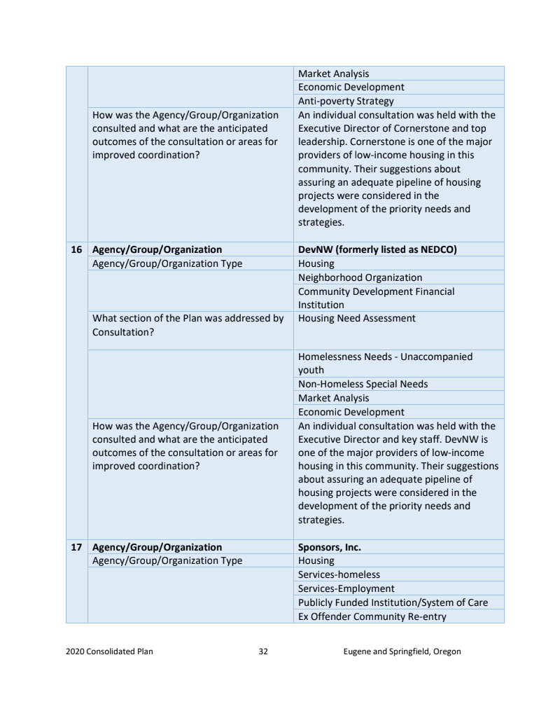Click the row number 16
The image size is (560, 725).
coord(76,249)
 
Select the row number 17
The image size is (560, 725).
coord(76,547)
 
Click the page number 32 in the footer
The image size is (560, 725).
coord(263,651)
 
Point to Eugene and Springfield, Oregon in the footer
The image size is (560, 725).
coord(402,651)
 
